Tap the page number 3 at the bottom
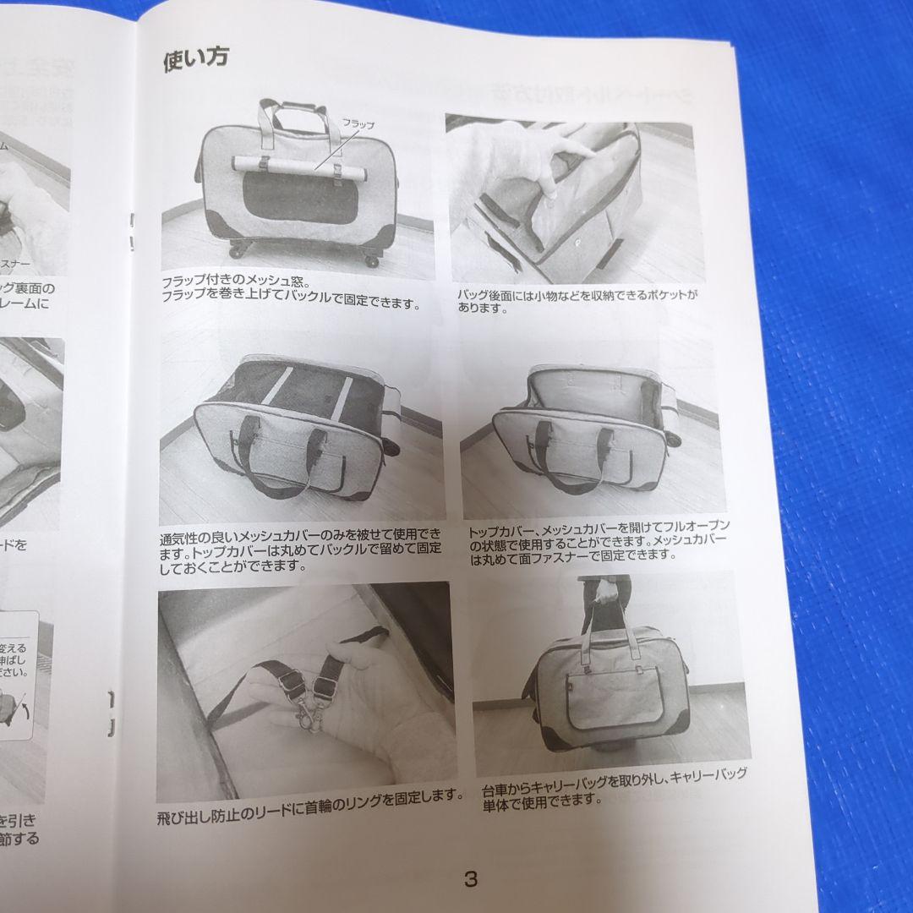tap(470, 878)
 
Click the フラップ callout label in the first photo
tap(357, 124)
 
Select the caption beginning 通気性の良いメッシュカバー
tap(300, 550)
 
